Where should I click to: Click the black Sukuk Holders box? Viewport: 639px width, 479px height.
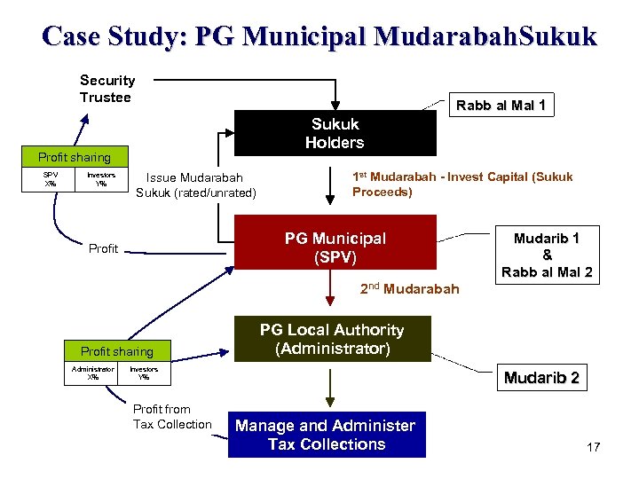click(335, 133)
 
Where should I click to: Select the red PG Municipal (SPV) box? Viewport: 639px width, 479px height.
click(335, 242)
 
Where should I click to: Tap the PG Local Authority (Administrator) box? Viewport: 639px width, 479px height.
click(332, 339)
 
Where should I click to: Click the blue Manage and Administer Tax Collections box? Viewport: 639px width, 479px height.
click(327, 435)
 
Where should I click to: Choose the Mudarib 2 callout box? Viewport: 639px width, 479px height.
click(541, 378)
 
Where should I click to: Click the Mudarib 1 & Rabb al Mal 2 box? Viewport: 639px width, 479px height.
click(547, 255)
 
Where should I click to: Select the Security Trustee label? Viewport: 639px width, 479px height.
click(107, 89)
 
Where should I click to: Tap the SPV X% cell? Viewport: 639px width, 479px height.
click(51, 180)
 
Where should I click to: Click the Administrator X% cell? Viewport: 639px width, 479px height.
click(93, 373)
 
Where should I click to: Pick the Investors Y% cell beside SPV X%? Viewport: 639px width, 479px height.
click(101, 180)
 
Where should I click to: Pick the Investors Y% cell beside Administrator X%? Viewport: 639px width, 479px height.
click(144, 373)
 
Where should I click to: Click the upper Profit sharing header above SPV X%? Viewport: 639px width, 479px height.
click(75, 158)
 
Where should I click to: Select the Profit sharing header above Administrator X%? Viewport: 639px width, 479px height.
click(117, 351)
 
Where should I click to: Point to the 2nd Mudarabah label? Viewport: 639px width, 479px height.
click(410, 288)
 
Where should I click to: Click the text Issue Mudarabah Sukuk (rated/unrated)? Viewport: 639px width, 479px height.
click(195, 185)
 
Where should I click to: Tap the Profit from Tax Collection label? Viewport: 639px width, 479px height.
click(172, 417)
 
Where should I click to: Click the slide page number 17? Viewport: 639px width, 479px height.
click(593, 446)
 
